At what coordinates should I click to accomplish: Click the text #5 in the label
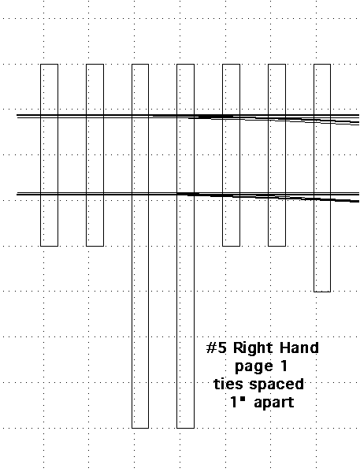pyautogui.click(x=216, y=348)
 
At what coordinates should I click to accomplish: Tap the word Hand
pyautogui.click(x=299, y=347)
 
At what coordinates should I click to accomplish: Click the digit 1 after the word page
pyautogui.click(x=283, y=366)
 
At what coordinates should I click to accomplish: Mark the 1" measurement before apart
pyautogui.click(x=236, y=402)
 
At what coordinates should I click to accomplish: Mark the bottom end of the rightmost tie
pyautogui.click(x=322, y=292)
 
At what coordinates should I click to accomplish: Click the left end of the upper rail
pyautogui.click(x=17, y=116)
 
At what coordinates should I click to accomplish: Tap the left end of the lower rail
pyautogui.click(x=17, y=194)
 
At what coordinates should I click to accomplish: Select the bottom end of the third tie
pyautogui.click(x=140, y=428)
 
